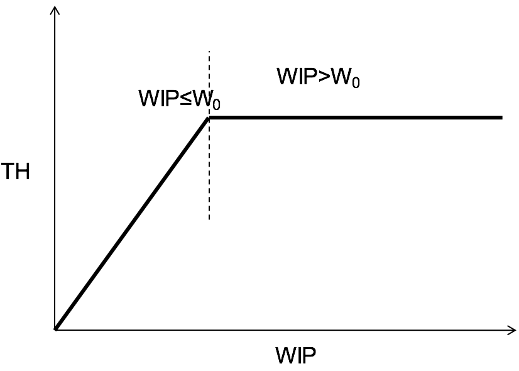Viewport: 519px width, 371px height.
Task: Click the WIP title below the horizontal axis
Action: pyautogui.click(x=296, y=357)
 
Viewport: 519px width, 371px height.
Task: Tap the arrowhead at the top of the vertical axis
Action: pyautogui.click(x=56, y=9)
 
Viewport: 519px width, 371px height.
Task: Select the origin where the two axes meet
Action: pyautogui.click(x=56, y=329)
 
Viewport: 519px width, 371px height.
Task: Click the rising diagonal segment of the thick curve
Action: pyautogui.click(x=132, y=223)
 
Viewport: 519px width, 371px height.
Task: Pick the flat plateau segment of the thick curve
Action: pyautogui.click(x=355, y=118)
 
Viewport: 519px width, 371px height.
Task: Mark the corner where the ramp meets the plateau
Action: pyautogui.click(x=209, y=118)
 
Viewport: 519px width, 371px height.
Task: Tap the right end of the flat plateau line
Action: pyautogui.click(x=501, y=118)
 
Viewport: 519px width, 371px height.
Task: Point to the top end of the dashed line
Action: pyautogui.click(x=209, y=50)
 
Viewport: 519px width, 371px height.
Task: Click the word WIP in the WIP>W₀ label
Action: pyautogui.click(x=296, y=77)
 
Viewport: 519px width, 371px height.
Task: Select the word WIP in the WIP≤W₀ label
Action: pyautogui.click(x=158, y=99)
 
